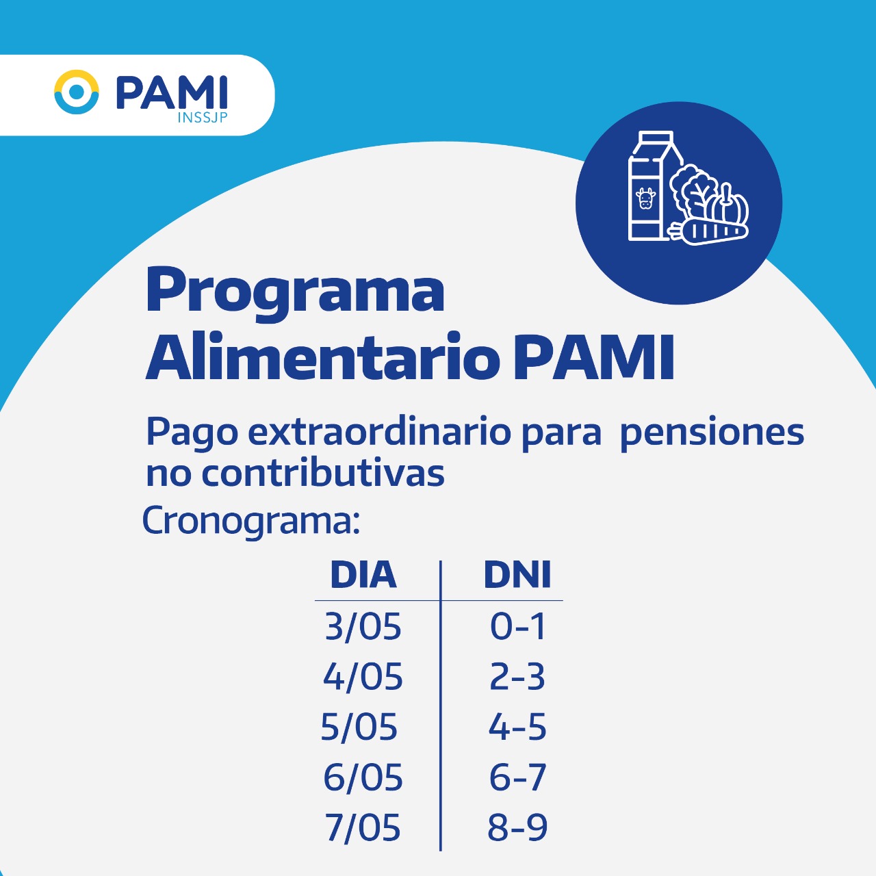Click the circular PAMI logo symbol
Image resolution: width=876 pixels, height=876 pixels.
point(77,92)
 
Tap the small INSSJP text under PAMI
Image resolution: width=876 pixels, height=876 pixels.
point(203,117)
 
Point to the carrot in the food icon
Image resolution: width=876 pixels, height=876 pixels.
point(708,231)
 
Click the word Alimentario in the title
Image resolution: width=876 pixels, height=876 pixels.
point(323,357)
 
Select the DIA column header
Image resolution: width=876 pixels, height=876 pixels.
point(363,575)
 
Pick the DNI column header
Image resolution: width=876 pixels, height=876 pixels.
point(517,575)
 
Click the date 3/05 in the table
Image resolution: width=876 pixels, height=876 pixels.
point(363,627)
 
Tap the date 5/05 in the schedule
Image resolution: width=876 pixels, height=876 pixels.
point(359,726)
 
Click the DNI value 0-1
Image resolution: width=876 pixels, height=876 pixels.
point(517,627)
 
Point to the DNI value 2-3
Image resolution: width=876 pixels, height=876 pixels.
point(517,677)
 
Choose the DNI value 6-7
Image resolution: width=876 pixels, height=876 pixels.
point(517,777)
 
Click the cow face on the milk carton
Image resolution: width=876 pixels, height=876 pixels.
point(645,198)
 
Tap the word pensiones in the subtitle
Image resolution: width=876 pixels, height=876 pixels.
point(712,434)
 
